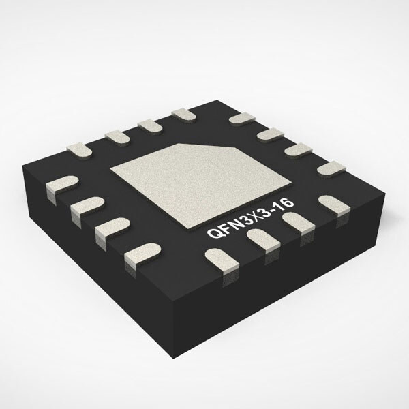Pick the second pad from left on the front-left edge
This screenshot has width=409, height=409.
pos(85,205)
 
